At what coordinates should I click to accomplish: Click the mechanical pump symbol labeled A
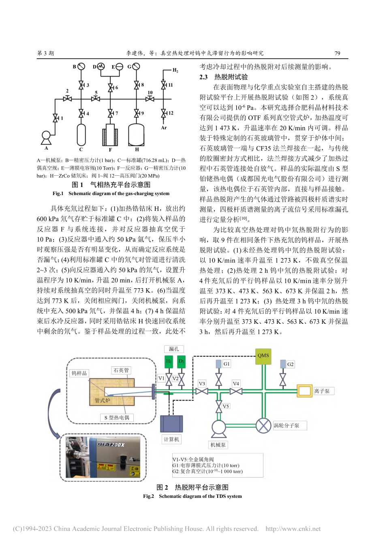pyautogui.click(x=46, y=136)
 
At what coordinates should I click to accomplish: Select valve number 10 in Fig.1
pyautogui.click(x=150, y=98)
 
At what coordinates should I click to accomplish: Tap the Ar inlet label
pyautogui.click(x=164, y=127)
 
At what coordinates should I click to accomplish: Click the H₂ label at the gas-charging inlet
pyautogui.click(x=175, y=70)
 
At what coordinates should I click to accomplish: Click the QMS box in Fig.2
pyautogui.click(x=263, y=355)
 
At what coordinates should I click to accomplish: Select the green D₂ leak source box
pyautogui.click(x=182, y=361)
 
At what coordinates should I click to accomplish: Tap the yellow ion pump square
pyautogui.click(x=304, y=391)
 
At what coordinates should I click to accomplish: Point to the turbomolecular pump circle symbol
pyautogui.click(x=263, y=425)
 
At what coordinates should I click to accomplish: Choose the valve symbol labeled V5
pyautogui.click(x=219, y=406)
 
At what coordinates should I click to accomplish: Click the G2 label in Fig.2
pyautogui.click(x=290, y=364)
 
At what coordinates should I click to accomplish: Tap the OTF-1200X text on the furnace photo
pyautogui.click(x=111, y=444)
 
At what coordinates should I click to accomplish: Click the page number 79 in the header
pyautogui.click(x=338, y=53)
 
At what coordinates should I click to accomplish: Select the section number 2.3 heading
pyautogui.click(x=203, y=77)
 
